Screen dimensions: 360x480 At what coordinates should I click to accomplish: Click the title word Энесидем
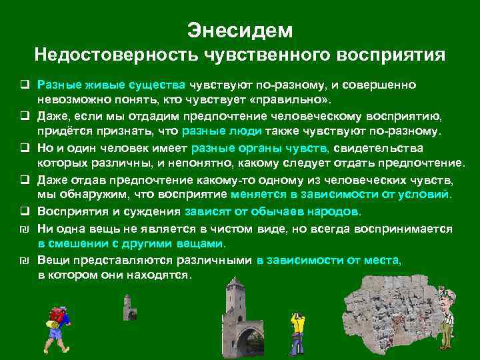point(240,30)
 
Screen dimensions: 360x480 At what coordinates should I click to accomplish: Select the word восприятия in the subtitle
point(387,55)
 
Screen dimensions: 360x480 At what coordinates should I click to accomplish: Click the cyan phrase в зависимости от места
point(329,259)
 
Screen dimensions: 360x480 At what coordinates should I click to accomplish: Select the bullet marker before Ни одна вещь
point(23,228)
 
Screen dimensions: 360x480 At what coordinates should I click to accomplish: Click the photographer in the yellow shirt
point(299,327)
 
